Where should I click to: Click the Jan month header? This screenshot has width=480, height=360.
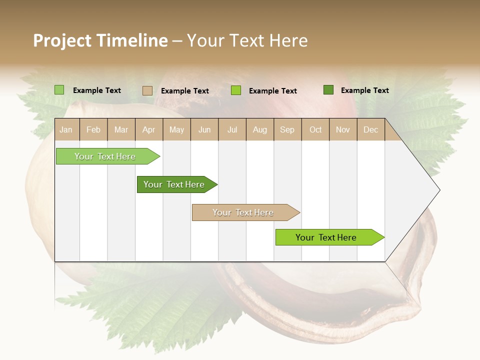[x=66, y=130]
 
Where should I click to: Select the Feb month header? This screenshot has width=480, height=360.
[x=93, y=130]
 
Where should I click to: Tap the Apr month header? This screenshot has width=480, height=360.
[x=149, y=130]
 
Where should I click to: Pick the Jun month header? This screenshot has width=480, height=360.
[x=204, y=130]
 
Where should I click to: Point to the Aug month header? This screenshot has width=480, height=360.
[x=260, y=130]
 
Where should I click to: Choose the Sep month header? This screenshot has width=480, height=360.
[x=287, y=130]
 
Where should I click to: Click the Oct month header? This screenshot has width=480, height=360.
[x=315, y=130]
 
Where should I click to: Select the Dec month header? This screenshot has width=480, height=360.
[x=371, y=130]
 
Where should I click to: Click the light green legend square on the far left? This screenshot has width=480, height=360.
[x=59, y=90]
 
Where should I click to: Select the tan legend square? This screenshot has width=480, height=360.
[x=147, y=90]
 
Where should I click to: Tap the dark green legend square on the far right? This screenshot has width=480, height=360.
[x=328, y=90]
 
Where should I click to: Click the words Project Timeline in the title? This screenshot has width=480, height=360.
[x=100, y=40]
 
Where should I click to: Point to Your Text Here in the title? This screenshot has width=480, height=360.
[x=247, y=40]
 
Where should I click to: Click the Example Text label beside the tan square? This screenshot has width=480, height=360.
[x=185, y=91]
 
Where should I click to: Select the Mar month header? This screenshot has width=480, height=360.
[x=121, y=130]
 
